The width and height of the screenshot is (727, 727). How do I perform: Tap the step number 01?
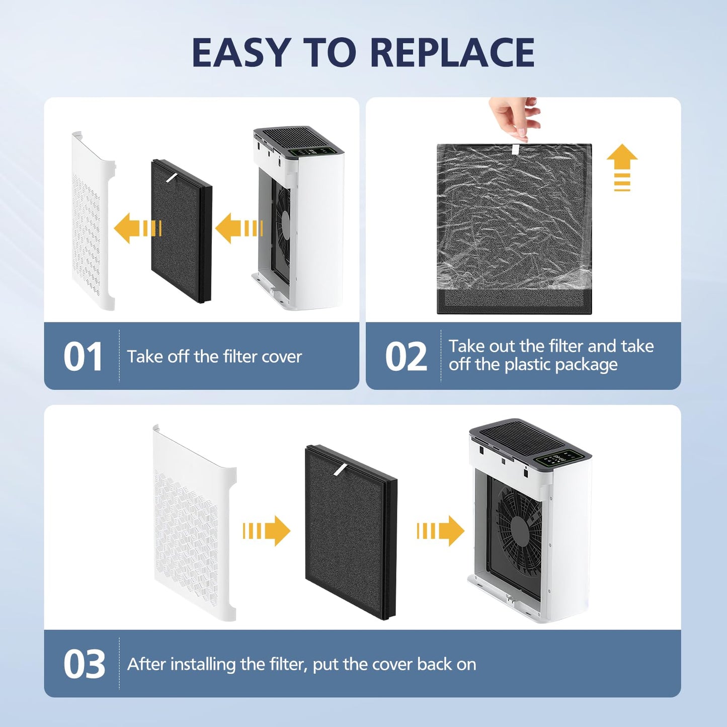83,357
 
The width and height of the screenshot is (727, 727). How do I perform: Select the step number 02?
406,357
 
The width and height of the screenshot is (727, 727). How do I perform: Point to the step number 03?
84,665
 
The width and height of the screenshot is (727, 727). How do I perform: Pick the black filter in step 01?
181,231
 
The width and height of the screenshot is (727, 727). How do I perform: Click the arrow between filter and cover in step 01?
137,228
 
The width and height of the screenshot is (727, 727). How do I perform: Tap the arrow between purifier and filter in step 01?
238,228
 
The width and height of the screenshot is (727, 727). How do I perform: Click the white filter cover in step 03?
194,523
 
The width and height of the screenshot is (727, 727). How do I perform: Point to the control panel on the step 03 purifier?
559,458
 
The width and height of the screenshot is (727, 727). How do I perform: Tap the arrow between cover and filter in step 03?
267,531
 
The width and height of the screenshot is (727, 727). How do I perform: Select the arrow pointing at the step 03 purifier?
440,531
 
